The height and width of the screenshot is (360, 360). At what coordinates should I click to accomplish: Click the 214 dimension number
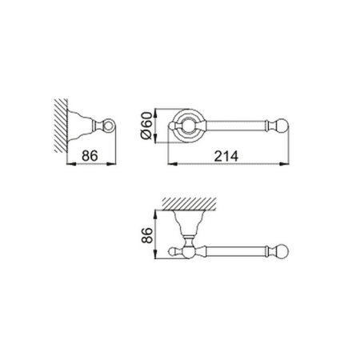tap(226, 156)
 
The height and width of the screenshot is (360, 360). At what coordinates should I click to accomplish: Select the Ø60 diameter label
tap(146, 126)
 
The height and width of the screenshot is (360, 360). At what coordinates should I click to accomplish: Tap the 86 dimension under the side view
tap(90, 156)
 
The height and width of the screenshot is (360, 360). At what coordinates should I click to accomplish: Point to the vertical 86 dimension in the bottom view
tap(147, 235)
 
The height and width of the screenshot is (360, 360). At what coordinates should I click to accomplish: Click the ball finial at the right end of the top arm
tap(282, 125)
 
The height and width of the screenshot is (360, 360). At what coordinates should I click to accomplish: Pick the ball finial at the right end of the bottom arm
tap(282, 251)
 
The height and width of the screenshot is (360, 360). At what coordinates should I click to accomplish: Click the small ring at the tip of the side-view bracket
tap(109, 125)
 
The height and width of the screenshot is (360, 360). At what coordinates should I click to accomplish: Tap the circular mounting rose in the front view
tap(188, 126)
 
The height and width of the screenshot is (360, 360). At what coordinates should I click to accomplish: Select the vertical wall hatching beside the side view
tap(61, 126)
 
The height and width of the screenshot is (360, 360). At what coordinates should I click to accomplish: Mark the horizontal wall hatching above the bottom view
tap(189, 204)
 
